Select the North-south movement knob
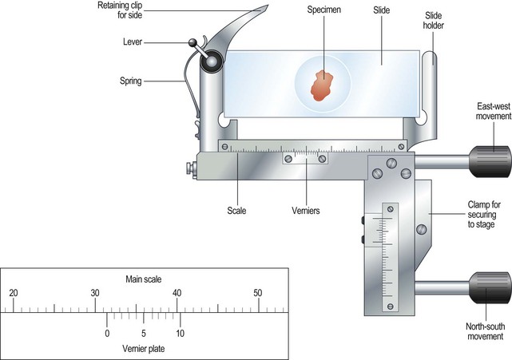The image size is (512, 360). (x=490, y=288)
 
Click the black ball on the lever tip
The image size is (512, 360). (x=192, y=45)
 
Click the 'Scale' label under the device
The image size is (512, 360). (x=236, y=212)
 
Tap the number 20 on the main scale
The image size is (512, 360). (x=13, y=294)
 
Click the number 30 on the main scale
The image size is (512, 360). (x=94, y=294)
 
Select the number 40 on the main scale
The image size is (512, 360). (x=177, y=294)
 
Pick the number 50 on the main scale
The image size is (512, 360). (x=258, y=294)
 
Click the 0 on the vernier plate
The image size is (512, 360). (x=107, y=333)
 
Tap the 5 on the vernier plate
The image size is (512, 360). (x=144, y=333)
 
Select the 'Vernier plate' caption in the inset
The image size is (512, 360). (x=144, y=348)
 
